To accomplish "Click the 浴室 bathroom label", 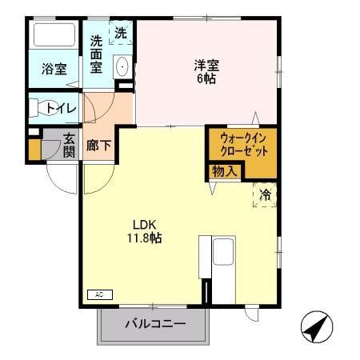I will coord(54,70).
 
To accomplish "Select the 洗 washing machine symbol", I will coord(120,34).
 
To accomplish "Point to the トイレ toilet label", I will coord(56,108).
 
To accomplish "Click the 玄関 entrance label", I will coord(69,146).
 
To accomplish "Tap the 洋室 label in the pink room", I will coord(206,65).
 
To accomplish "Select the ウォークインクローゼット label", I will coord(242,145).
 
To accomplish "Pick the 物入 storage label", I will coord(224,170).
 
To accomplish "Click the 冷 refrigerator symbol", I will coord(265,194).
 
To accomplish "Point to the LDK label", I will coord(144,224).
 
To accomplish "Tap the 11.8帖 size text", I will coord(144,238).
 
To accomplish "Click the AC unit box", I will coord(100,294).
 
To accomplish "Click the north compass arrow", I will coord(317,326).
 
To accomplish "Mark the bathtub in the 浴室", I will coord(54,36).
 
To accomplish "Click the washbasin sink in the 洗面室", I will coord(122,66).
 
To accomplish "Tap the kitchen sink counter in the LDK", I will coord(222,254).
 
